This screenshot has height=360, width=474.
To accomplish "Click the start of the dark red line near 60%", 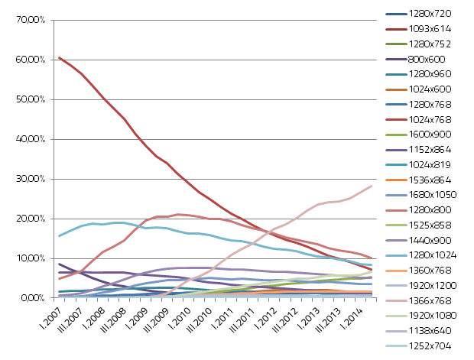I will tap(60, 57).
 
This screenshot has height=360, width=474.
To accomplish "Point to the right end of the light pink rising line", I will tap(372, 186).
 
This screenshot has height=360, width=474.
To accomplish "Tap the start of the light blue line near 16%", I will tap(60, 235).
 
